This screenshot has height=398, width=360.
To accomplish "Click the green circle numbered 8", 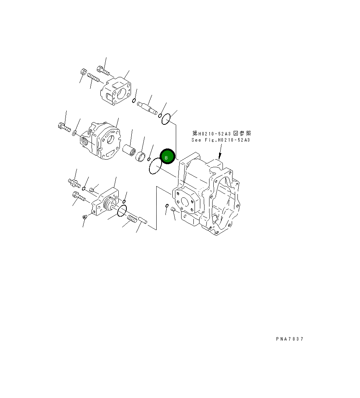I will point(167,157).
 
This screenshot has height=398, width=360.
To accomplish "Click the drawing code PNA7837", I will point(289,339).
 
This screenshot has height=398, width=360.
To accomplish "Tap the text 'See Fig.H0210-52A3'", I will point(221,140).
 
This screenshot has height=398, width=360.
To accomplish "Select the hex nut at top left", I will point(84,72).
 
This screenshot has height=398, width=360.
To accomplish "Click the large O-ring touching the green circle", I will point(155,166).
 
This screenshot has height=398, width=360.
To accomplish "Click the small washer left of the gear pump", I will point(74,133).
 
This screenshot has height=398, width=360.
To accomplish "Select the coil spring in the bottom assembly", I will point(132,220).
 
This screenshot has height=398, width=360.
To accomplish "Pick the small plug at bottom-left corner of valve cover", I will point(85,217).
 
